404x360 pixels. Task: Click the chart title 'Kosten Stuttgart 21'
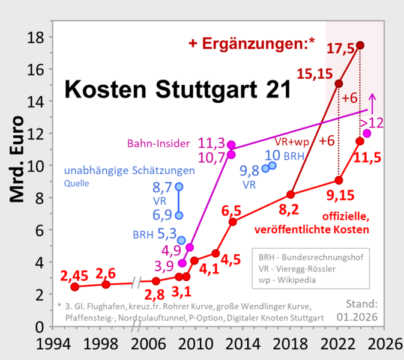click(177, 90)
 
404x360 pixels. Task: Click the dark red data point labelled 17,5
click(360, 45)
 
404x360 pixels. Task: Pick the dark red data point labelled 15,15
click(339, 84)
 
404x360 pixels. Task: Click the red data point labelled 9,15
click(339, 180)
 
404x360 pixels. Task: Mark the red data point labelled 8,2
click(291, 195)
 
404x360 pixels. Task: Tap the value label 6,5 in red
click(233, 211)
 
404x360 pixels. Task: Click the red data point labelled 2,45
click(74, 287)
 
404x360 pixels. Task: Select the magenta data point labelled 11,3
click(231, 145)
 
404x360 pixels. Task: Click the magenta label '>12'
click(372, 123)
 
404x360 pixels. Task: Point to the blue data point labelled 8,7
click(179, 186)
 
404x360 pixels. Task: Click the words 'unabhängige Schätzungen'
click(130, 171)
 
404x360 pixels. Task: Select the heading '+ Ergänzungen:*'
click(252, 43)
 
